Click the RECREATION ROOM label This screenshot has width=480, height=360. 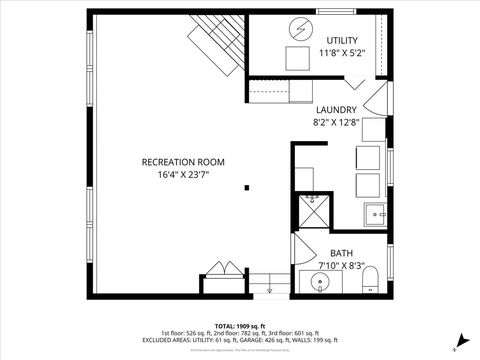pyautogui.click(x=183, y=161)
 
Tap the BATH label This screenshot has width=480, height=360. pyautogui.click(x=341, y=254)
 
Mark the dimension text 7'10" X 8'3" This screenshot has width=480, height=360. pyautogui.click(x=341, y=266)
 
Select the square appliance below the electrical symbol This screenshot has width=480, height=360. pyautogui.click(x=298, y=59)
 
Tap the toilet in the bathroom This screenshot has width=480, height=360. pyautogui.click(x=368, y=277)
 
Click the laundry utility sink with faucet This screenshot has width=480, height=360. pyautogui.click(x=376, y=213)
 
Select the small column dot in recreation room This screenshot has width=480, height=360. pyautogui.click(x=247, y=186)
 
